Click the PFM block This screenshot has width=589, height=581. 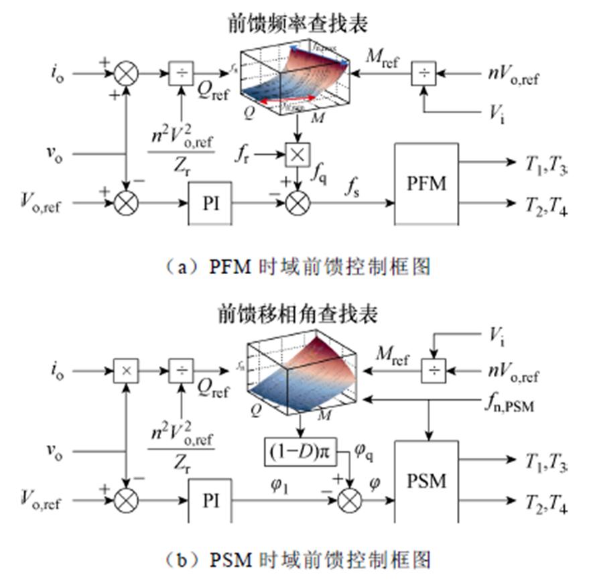pos(426,183)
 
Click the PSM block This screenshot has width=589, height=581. pos(426,481)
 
